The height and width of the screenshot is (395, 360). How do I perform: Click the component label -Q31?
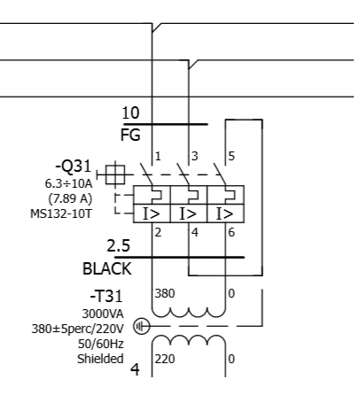tap(74, 167)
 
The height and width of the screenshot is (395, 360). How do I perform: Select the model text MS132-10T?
tap(61, 213)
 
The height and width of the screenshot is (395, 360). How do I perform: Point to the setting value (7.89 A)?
tap(70, 198)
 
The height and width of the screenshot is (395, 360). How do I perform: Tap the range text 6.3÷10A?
tap(68, 183)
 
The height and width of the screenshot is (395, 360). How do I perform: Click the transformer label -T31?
tap(106, 296)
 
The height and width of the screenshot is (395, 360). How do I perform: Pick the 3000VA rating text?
tap(103, 314)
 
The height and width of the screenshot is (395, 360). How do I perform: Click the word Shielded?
tap(100, 359)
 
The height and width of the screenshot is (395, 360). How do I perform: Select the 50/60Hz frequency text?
tap(101, 344)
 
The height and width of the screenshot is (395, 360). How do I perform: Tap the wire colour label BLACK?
tap(107, 269)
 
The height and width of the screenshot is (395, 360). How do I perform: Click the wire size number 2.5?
tap(118, 245)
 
